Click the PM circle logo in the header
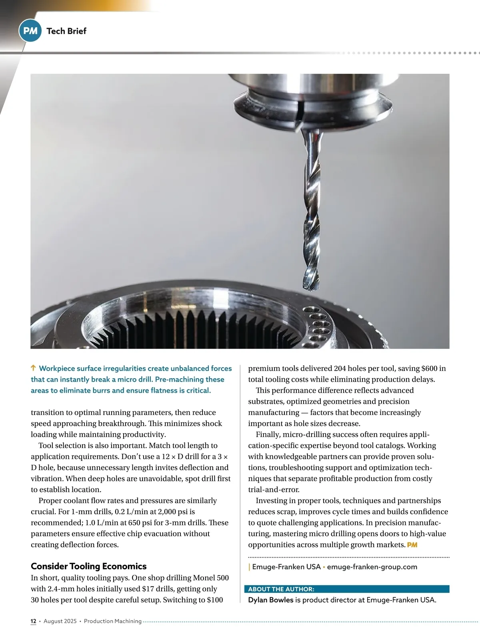pos(30,31)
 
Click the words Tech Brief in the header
pos(66,31)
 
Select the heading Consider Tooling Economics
pos(88,566)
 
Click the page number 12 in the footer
pos(34,621)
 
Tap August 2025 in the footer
pos(60,621)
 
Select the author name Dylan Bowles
pos(271,600)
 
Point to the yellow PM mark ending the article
pos(412,545)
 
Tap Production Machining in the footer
pos(113,621)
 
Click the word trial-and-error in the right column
pos(274,490)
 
